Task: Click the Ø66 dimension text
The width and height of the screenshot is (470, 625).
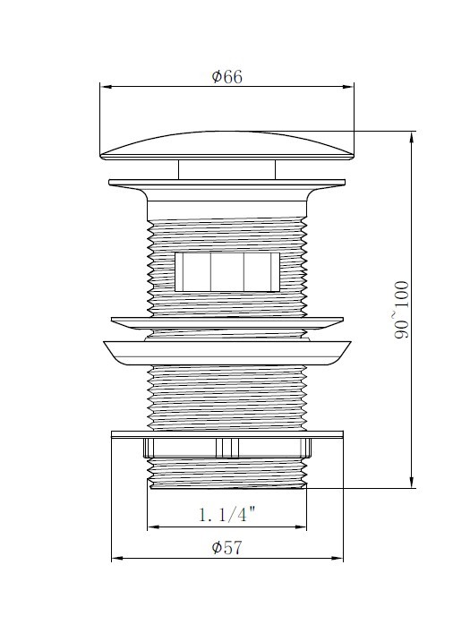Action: coord(227,77)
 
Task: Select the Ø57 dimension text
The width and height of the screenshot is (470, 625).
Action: coord(227,548)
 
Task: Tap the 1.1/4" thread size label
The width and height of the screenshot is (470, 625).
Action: coord(227,514)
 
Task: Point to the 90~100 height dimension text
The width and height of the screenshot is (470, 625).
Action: coord(400,309)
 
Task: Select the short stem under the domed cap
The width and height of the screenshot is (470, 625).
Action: coord(226,169)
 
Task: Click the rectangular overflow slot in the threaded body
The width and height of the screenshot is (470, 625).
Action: coord(227,271)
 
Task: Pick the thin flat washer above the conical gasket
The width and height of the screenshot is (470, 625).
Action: coord(227,320)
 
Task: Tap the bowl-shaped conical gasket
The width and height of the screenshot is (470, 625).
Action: coord(227,351)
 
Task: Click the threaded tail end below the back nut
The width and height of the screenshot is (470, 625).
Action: coord(227,472)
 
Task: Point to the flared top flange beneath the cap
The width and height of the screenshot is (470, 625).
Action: coord(227,188)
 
